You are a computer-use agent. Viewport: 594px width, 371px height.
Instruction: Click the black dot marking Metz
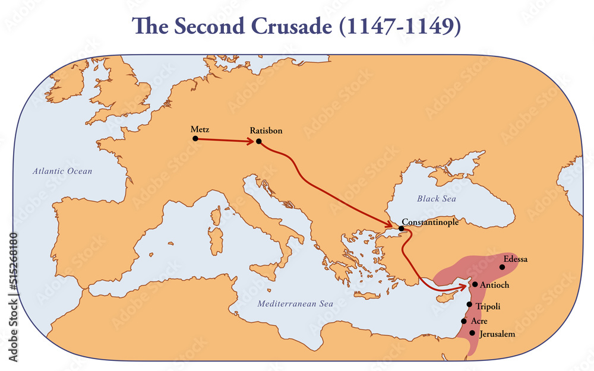195,138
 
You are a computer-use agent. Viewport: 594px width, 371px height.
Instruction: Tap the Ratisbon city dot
258,141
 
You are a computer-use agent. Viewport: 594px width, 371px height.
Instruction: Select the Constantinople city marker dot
402,229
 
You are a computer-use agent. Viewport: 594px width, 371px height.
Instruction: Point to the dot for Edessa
503,267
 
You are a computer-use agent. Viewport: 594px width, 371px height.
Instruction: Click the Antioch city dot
475,284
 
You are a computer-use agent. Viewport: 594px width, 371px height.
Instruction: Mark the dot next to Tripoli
469,305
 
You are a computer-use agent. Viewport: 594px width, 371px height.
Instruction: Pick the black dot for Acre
464,321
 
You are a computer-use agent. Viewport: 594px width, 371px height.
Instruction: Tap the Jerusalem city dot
472,333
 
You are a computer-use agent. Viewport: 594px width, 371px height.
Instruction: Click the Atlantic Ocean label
62,172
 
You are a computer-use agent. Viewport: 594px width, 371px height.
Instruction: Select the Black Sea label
436,199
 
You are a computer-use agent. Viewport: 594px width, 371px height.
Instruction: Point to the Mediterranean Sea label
295,304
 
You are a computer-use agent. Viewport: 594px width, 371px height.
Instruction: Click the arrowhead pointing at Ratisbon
250,141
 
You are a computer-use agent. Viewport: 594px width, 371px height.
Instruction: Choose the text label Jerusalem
497,334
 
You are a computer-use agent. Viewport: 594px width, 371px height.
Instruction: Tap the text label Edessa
515,259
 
